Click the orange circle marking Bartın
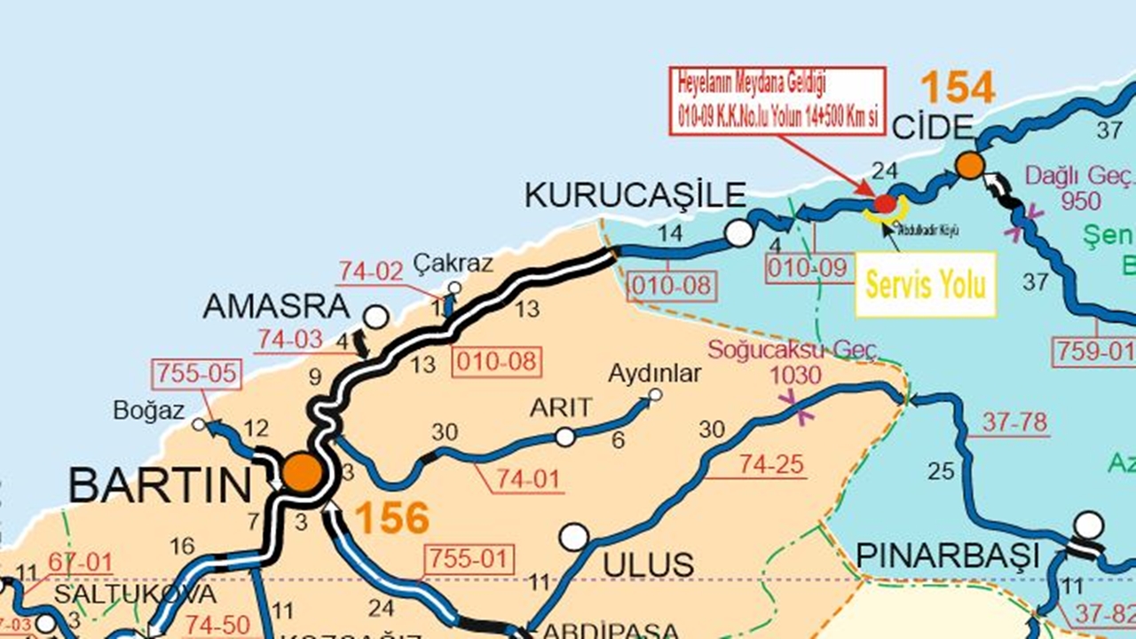tap(303, 472)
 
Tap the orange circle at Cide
tap(970, 164)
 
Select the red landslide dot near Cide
tap(885, 204)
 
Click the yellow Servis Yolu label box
tap(926, 285)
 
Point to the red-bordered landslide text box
tap(777, 100)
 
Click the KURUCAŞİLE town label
tap(635, 194)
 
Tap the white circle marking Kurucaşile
tap(738, 233)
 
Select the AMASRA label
tap(277, 306)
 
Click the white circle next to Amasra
tap(376, 317)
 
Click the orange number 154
tap(957, 89)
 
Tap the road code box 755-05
tap(196, 375)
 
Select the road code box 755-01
tap(470, 559)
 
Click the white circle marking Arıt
tap(564, 437)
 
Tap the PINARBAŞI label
tap(947, 556)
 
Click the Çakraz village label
tap(453, 264)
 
